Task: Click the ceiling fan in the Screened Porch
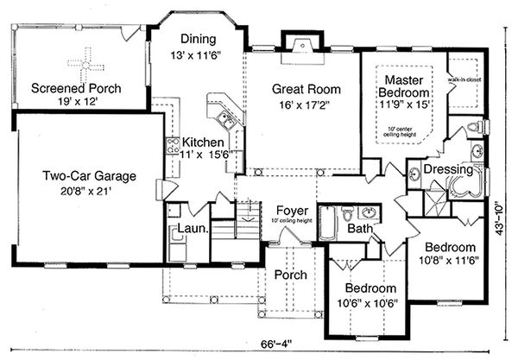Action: [x=84, y=62]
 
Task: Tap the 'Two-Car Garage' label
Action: [x=89, y=176]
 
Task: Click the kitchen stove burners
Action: [x=173, y=145]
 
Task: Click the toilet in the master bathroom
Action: [x=472, y=129]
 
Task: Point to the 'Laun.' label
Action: [x=191, y=230]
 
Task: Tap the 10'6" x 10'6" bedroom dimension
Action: [x=371, y=303]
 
